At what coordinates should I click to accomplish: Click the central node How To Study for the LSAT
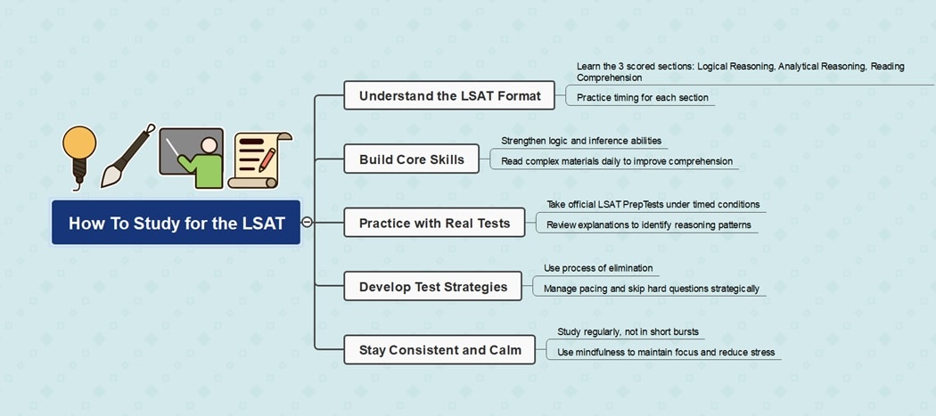click(x=177, y=223)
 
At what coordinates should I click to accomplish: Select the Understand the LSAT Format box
click(x=449, y=95)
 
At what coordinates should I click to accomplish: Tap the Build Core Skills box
click(x=411, y=159)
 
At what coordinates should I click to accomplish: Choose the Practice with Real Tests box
click(x=434, y=223)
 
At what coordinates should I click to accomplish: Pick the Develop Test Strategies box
click(x=432, y=286)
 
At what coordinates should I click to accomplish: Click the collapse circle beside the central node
click(x=308, y=223)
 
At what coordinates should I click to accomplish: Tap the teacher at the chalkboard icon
click(x=191, y=158)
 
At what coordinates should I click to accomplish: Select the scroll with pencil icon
click(x=259, y=160)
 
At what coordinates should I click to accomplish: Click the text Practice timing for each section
click(x=642, y=97)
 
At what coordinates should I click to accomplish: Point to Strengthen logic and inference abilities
click(x=581, y=141)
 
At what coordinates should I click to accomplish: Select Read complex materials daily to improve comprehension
click(x=617, y=161)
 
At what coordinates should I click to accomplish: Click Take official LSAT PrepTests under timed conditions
click(x=653, y=204)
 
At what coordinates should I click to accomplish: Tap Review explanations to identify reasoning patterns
click(x=648, y=224)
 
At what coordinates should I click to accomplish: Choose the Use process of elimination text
click(x=598, y=267)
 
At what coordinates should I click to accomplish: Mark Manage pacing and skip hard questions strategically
click(x=651, y=288)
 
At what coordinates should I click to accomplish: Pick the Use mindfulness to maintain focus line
click(x=666, y=352)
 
